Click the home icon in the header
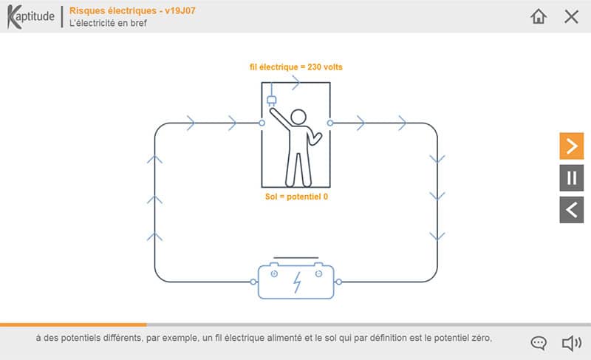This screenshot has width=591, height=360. [539, 16]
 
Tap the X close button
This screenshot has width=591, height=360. [571, 16]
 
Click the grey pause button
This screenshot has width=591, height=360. [571, 178]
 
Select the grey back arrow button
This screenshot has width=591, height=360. [571, 210]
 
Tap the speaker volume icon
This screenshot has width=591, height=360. [572, 343]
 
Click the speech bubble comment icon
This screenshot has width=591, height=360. [539, 343]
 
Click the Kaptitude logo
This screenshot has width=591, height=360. [31, 16]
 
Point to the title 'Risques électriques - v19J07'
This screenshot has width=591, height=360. [132, 10]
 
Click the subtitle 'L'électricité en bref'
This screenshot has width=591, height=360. [108, 23]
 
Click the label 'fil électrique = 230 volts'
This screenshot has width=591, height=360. [296, 67]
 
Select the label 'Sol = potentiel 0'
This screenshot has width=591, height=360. [296, 197]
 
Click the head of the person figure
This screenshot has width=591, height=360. [298, 117]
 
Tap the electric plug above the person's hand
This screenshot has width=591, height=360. [271, 101]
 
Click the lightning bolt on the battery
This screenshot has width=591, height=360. [298, 282]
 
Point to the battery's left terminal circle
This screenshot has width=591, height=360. [253, 282]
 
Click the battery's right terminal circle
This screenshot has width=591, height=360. [338, 282]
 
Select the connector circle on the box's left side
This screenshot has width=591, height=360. [262, 123]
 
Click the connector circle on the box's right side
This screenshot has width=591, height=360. [330, 123]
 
